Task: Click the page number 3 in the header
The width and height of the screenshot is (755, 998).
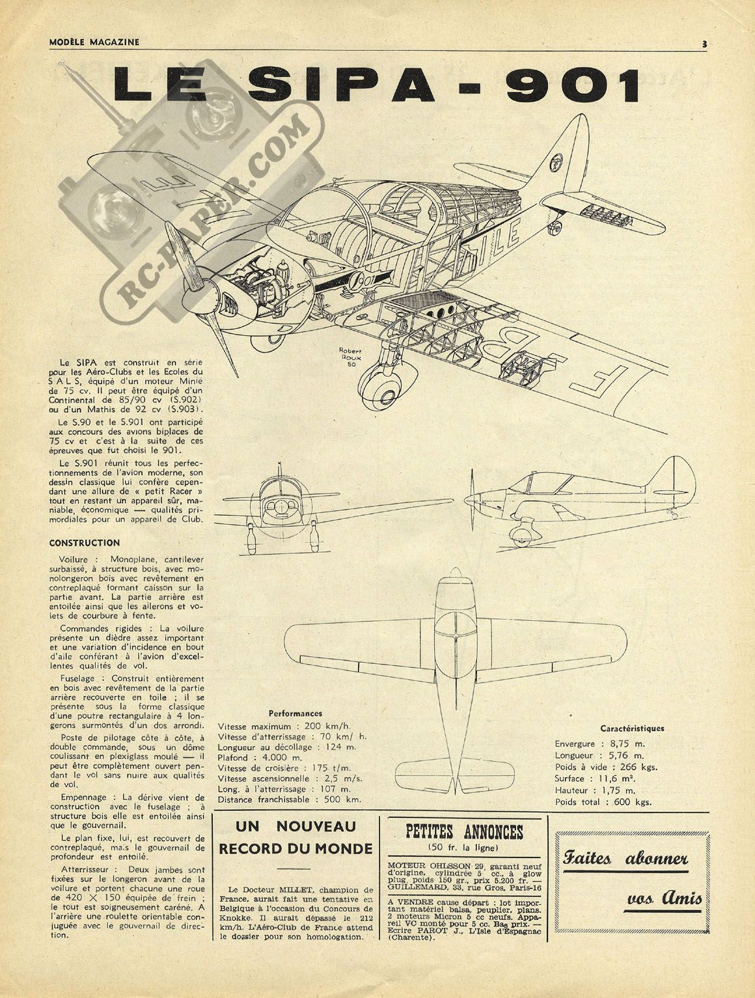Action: coord(704,44)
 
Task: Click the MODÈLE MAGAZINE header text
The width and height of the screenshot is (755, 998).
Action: coord(94,42)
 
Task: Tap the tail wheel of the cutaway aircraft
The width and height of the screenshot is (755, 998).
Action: coord(555,229)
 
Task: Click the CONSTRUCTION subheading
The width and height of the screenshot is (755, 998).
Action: coord(85,543)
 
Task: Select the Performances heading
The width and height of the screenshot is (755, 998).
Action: coord(295,714)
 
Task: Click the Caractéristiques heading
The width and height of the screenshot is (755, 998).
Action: coord(632,728)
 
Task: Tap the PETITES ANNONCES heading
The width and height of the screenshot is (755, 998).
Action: coord(464,832)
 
